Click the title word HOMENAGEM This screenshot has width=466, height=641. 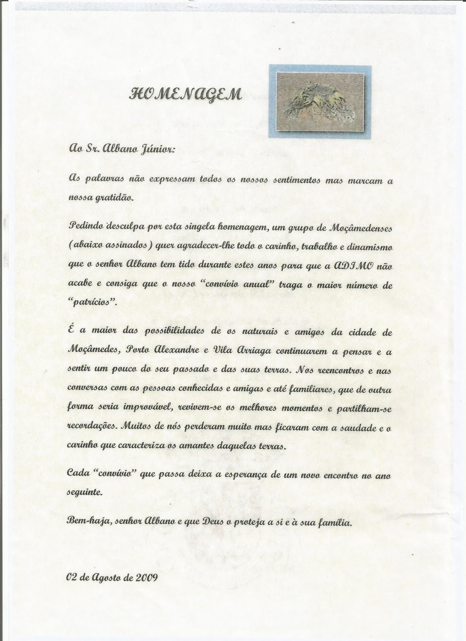[x=185, y=95]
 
